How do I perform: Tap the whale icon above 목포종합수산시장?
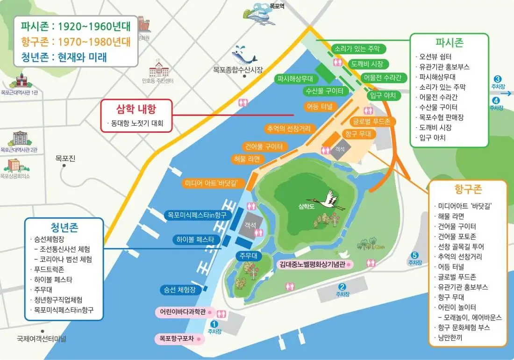point(245,56)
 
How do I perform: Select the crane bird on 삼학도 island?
point(331,200)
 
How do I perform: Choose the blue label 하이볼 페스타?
point(195,239)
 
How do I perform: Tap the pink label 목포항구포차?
point(177,338)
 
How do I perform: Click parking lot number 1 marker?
point(214,324)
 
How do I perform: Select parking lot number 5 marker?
point(414,255)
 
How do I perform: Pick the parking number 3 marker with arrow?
point(498,79)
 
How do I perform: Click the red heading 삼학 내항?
point(136,109)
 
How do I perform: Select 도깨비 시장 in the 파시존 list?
point(435,128)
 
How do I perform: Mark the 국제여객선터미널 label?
point(42,338)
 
